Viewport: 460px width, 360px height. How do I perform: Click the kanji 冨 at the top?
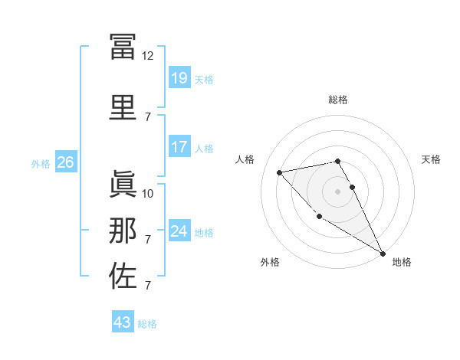[x=123, y=47]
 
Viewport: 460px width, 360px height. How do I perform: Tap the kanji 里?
[x=123, y=108]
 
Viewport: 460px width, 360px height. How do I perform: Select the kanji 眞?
[x=123, y=185]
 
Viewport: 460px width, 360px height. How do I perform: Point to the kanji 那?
[x=123, y=231]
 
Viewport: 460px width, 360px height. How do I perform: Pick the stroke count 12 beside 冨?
[x=148, y=56]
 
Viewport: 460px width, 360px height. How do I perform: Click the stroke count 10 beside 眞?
[x=148, y=193]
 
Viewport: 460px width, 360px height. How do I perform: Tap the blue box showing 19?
[x=179, y=78]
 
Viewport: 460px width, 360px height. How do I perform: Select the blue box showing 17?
[x=179, y=147]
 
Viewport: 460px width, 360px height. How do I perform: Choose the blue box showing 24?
[x=179, y=231]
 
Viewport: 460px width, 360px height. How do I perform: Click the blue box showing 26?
[x=65, y=162]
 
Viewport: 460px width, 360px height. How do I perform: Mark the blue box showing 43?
[x=123, y=322]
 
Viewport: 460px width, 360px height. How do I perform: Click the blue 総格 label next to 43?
[x=147, y=324]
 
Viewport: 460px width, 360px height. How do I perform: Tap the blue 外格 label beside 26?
[x=41, y=164]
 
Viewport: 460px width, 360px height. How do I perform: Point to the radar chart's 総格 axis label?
[x=338, y=100]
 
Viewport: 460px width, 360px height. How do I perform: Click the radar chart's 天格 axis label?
[x=432, y=159]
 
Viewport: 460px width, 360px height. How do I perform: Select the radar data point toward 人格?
[x=280, y=172]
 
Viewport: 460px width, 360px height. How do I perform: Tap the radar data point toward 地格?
[x=383, y=254]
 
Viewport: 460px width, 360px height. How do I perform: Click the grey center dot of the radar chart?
[x=338, y=191]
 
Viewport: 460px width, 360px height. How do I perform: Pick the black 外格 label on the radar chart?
[x=270, y=262]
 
